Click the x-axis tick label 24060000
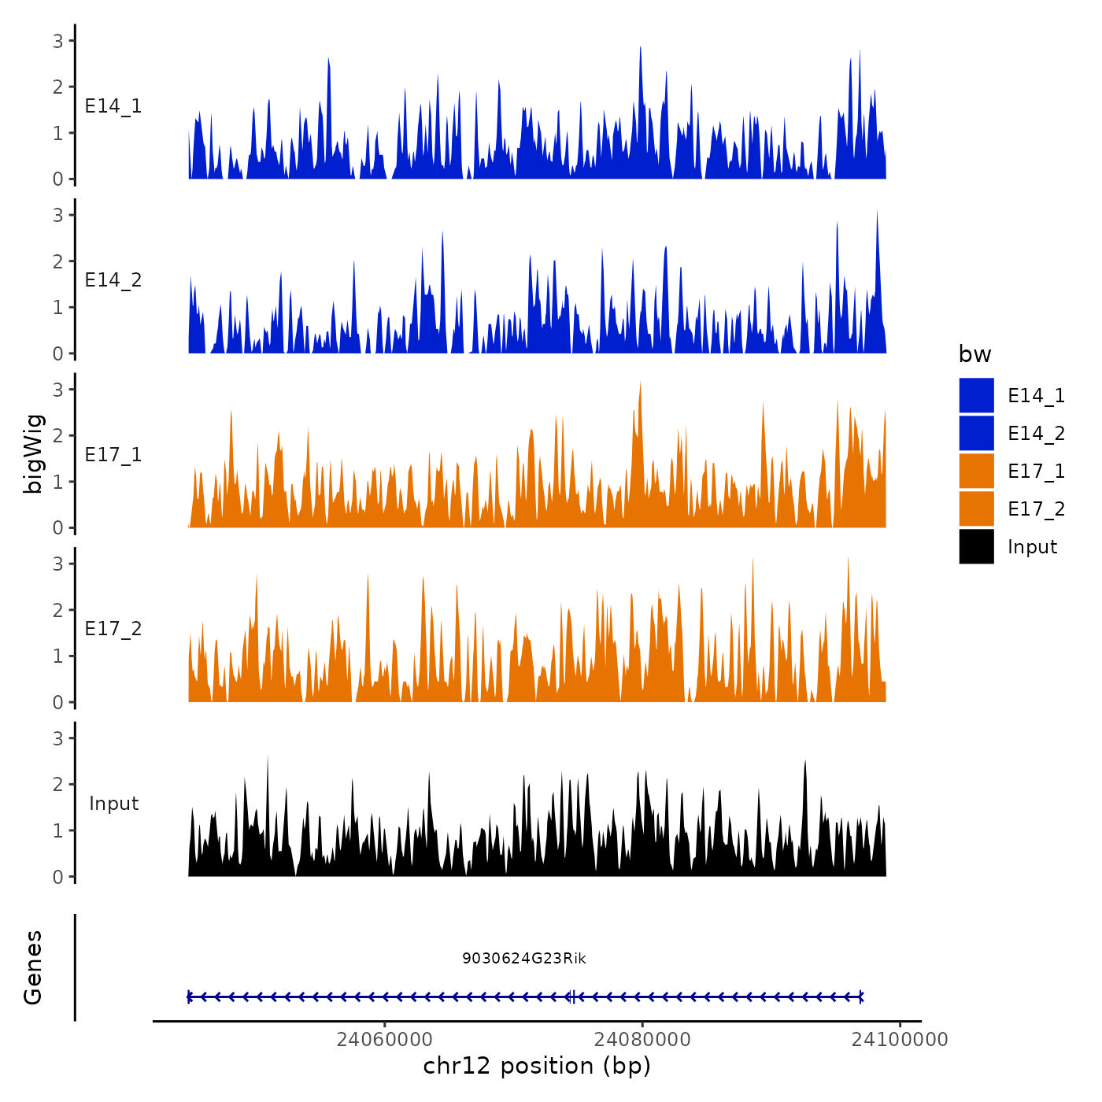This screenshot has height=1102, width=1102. click(x=384, y=1039)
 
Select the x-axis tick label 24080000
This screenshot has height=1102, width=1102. click(x=642, y=1039)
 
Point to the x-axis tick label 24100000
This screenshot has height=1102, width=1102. click(x=900, y=1039)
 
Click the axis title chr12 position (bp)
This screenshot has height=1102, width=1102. click(x=537, y=1066)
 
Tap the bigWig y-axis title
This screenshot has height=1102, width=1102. click(x=34, y=454)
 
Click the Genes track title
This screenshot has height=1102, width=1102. click(x=34, y=967)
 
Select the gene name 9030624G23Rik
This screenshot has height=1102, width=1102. click(x=523, y=958)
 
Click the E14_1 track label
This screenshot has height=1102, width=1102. click(x=113, y=106)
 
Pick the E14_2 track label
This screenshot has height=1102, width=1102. click(x=113, y=280)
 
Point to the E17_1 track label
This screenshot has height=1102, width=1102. click(x=113, y=455)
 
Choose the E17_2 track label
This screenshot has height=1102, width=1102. click(x=113, y=629)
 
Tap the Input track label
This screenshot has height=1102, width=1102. click(x=113, y=804)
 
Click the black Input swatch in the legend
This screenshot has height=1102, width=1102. click(x=976, y=546)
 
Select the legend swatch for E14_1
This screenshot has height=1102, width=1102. click(x=976, y=395)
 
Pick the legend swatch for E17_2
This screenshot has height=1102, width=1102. click(x=976, y=508)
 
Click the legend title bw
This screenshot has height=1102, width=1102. click(x=974, y=355)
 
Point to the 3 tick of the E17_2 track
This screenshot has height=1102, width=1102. click(x=58, y=564)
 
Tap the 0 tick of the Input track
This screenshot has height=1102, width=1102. click(x=58, y=877)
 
